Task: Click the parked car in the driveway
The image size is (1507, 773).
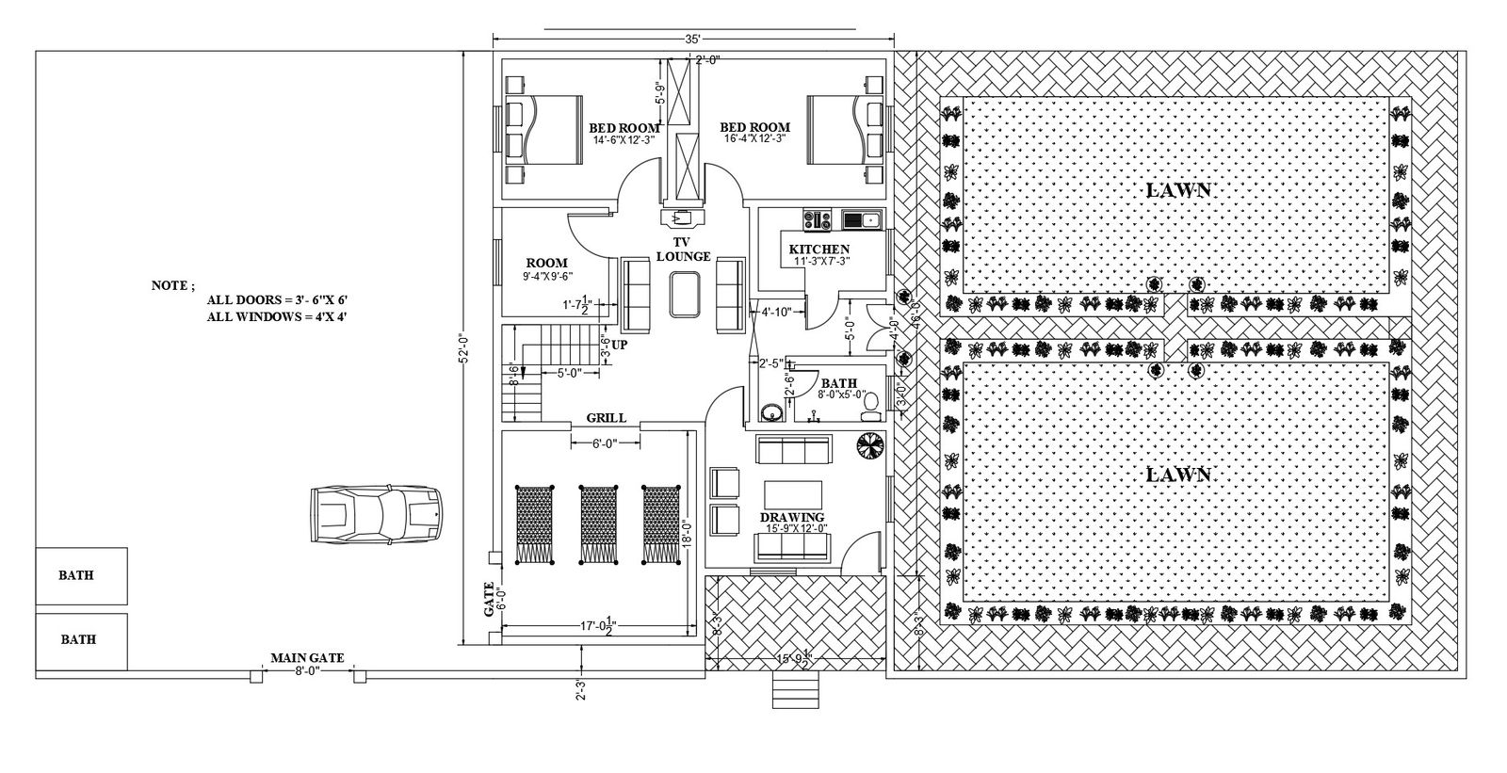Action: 375,514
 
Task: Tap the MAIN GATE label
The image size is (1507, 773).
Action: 307,658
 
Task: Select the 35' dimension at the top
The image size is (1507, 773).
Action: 692,40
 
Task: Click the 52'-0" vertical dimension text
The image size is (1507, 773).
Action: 462,347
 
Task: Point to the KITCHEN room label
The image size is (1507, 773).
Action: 818,249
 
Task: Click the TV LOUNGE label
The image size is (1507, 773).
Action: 683,250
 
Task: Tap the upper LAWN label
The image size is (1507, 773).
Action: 1177,189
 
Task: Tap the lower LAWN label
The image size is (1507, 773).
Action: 1177,475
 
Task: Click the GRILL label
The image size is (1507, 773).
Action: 606,417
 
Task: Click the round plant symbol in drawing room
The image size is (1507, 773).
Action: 867,445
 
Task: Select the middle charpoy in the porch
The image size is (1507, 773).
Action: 597,524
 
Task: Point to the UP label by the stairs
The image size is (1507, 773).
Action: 619,345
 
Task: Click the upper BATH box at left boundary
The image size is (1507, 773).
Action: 81,576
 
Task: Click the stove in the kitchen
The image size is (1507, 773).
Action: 816,220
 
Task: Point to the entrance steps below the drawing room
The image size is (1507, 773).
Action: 794,693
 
